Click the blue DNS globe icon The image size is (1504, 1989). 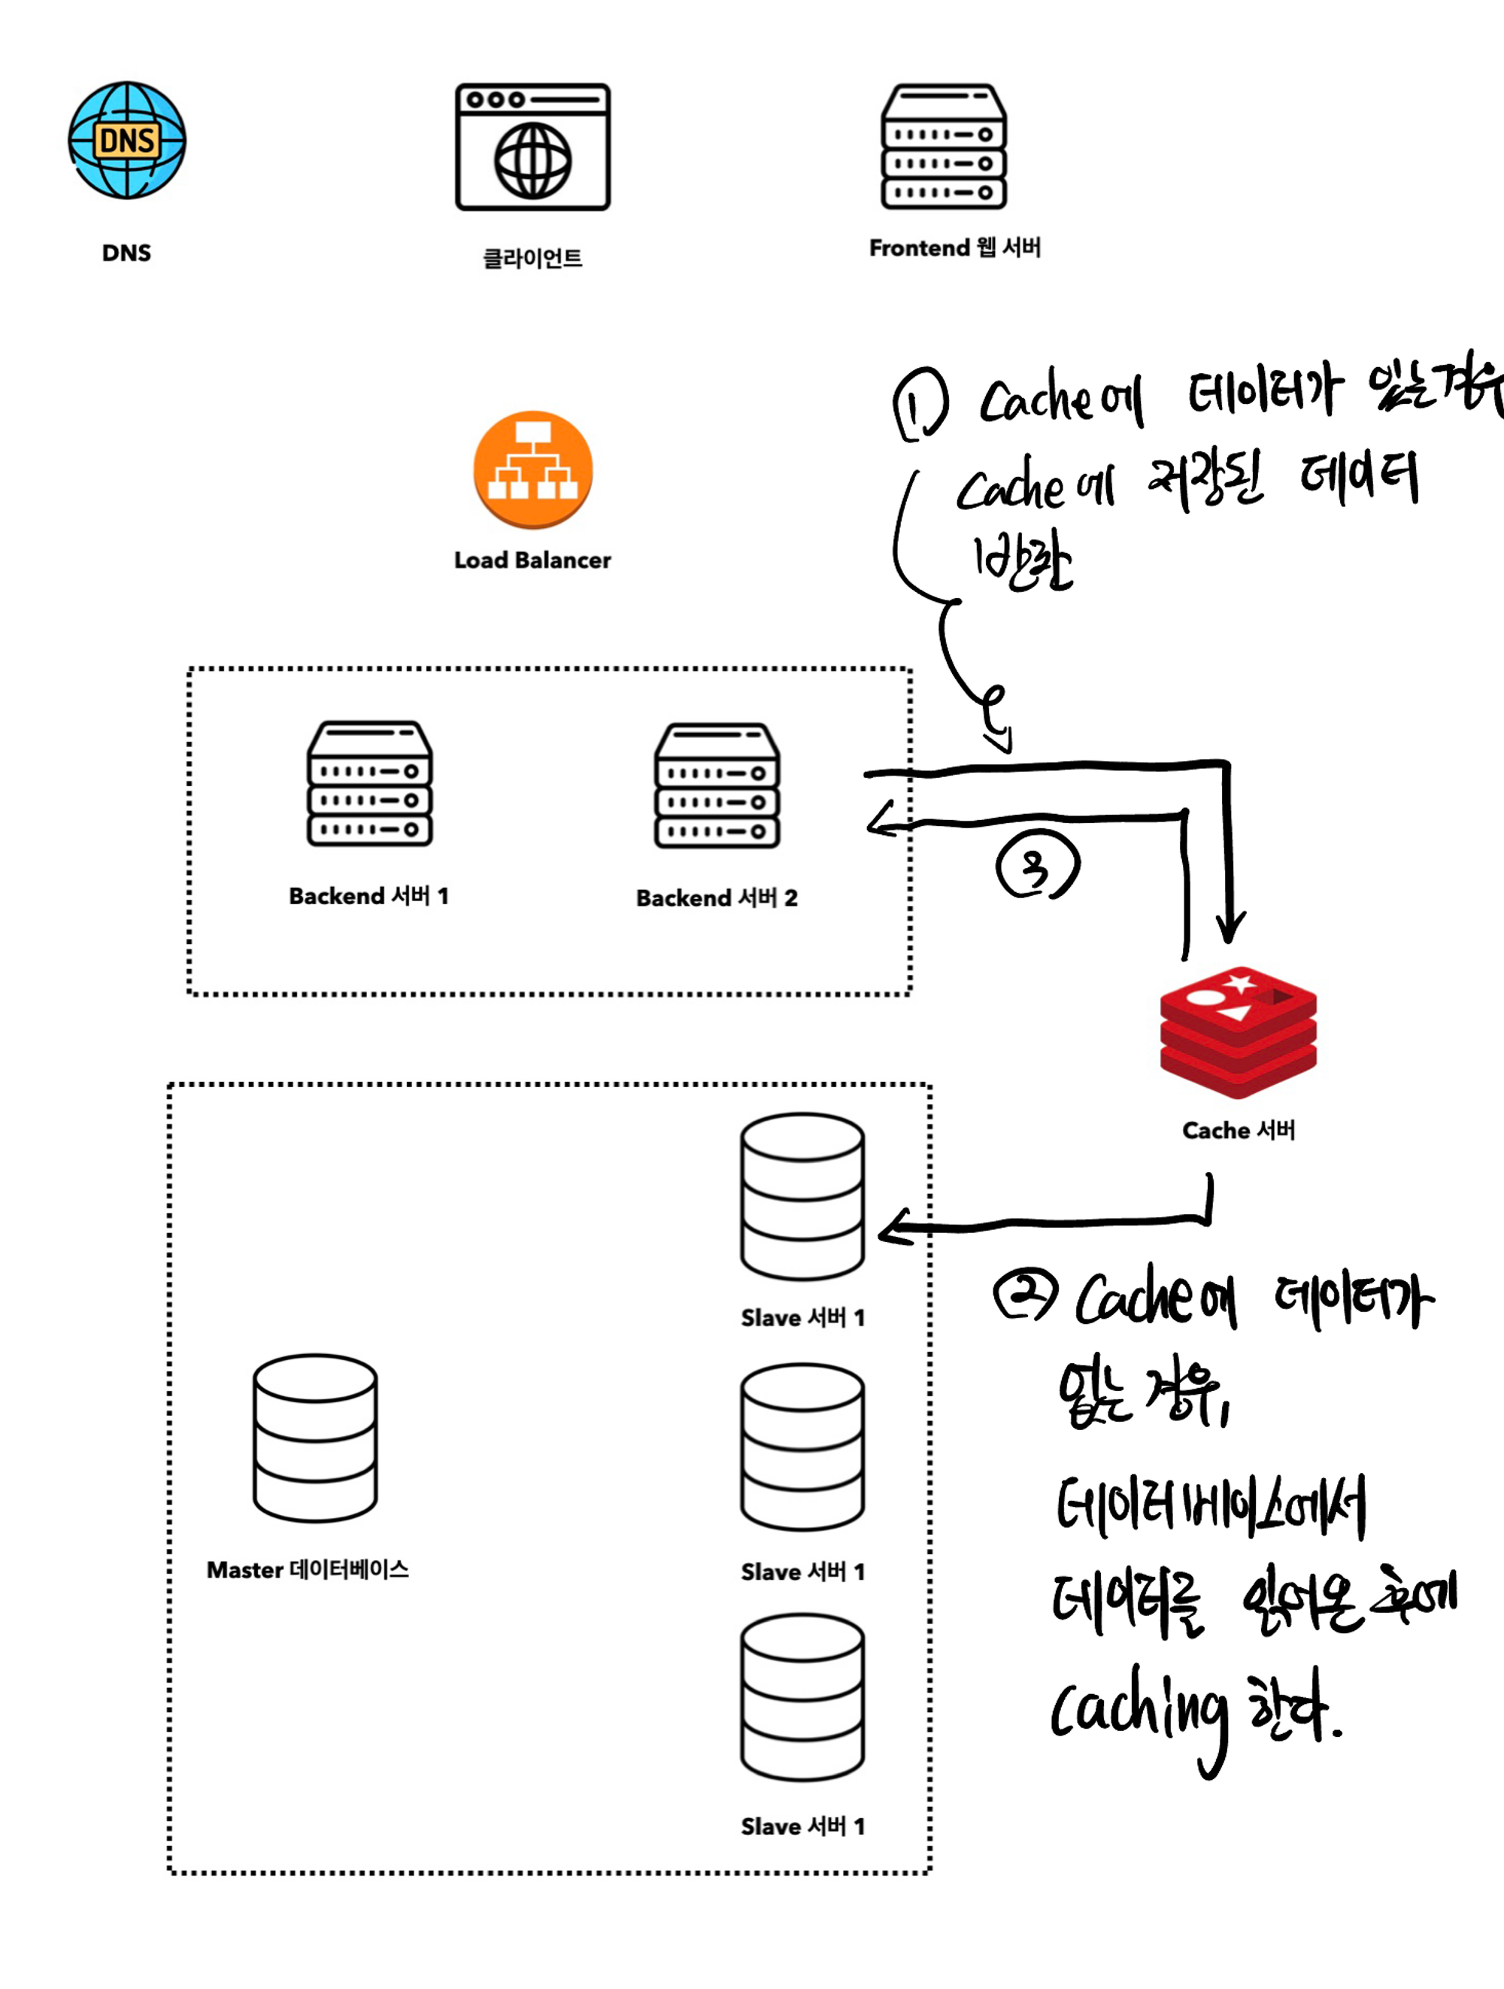coord(127,140)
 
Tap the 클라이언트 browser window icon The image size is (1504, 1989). coord(532,147)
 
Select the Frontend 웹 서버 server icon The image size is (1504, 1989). coord(943,147)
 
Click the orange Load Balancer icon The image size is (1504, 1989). coord(532,469)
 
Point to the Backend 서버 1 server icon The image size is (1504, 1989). coord(369,783)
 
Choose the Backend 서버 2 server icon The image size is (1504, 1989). coord(717,786)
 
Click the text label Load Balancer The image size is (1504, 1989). coord(532,560)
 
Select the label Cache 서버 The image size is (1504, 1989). coord(1238,1130)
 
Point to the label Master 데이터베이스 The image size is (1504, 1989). coord(308,1570)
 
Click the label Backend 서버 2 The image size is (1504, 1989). coord(717,898)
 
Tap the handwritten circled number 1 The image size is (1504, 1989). coord(919,405)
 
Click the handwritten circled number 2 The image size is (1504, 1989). coord(1025,1295)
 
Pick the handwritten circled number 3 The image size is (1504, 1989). coord(1036,865)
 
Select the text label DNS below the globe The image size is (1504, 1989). coord(127,254)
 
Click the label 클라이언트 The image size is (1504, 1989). coord(532,259)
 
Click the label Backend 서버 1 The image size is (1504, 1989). coord(368,897)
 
